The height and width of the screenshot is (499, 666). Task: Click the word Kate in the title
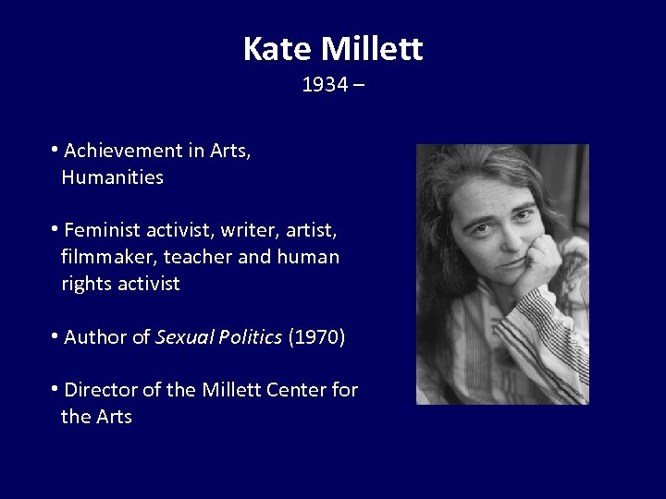(277, 48)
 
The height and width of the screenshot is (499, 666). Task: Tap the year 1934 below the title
(325, 85)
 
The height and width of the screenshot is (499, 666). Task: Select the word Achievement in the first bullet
(123, 151)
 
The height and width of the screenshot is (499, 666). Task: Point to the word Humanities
(112, 177)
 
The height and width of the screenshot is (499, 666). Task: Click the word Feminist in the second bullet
(102, 230)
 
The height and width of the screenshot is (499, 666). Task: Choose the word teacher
(201, 257)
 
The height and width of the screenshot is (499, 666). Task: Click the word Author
(96, 337)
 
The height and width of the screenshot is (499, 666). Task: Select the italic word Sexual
(185, 337)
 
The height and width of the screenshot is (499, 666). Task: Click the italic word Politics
(251, 337)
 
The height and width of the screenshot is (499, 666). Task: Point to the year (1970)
(317, 337)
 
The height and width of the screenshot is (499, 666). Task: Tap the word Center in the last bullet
(296, 390)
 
